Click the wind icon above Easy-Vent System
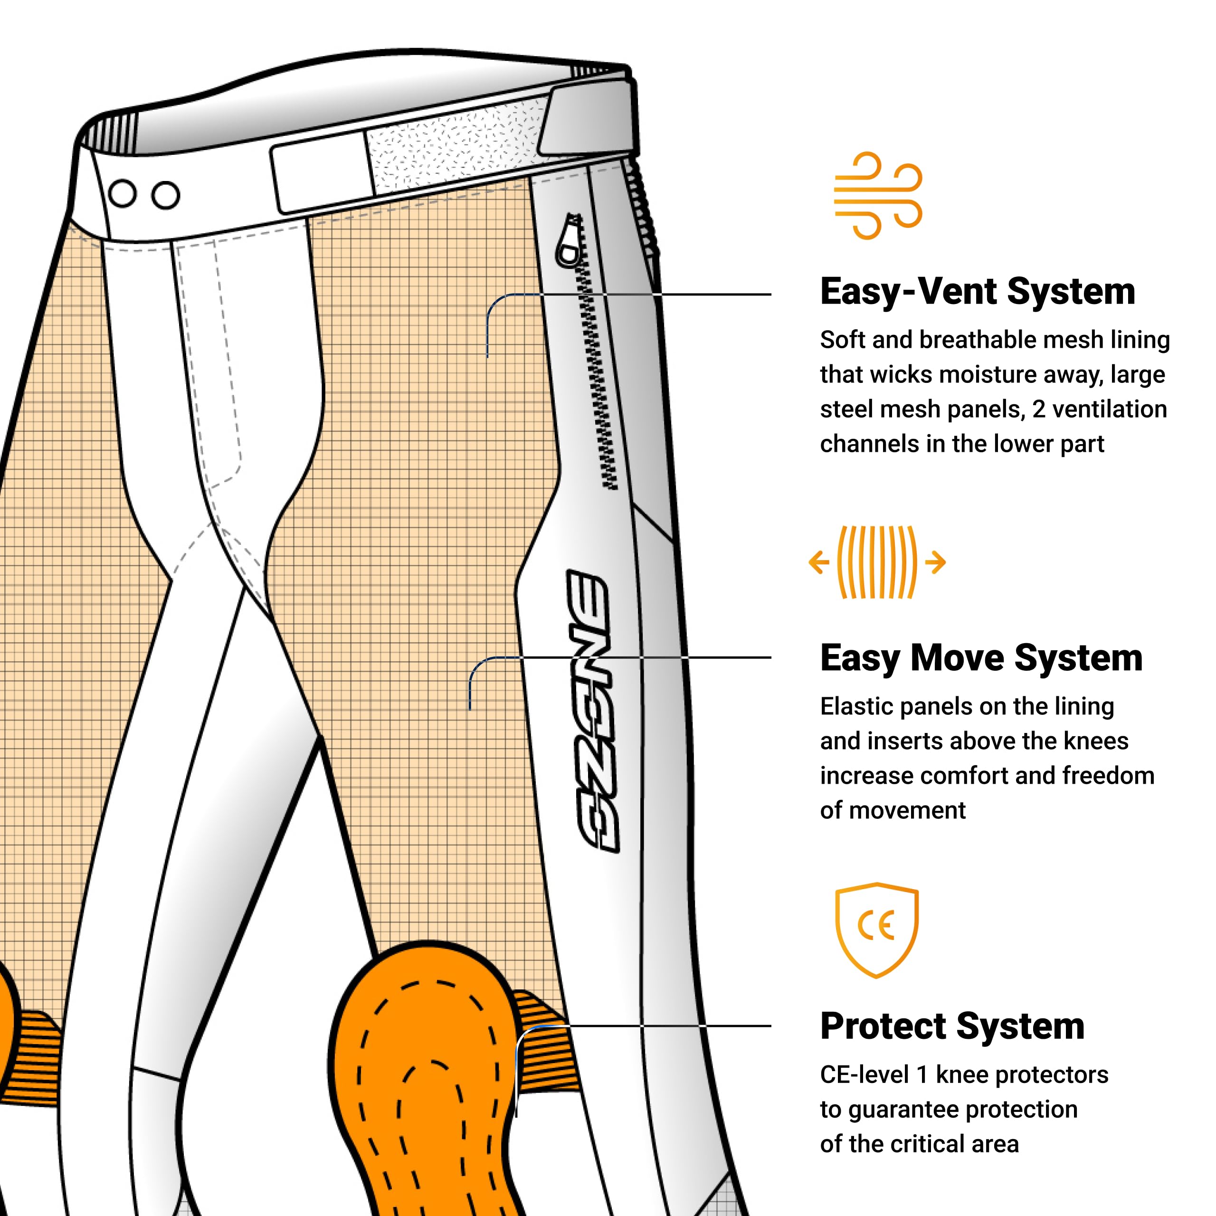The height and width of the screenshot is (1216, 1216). [877, 195]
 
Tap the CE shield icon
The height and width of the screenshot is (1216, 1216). [877, 930]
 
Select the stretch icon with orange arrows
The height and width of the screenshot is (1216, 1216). [877, 562]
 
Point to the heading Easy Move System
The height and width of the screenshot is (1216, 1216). [981, 658]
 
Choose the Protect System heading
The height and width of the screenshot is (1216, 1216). [952, 1026]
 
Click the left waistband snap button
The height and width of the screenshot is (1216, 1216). [123, 193]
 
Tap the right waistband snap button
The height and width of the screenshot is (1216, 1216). [165, 195]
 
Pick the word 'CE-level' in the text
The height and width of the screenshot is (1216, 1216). [864, 1074]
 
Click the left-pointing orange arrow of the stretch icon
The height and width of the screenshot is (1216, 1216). [819, 562]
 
